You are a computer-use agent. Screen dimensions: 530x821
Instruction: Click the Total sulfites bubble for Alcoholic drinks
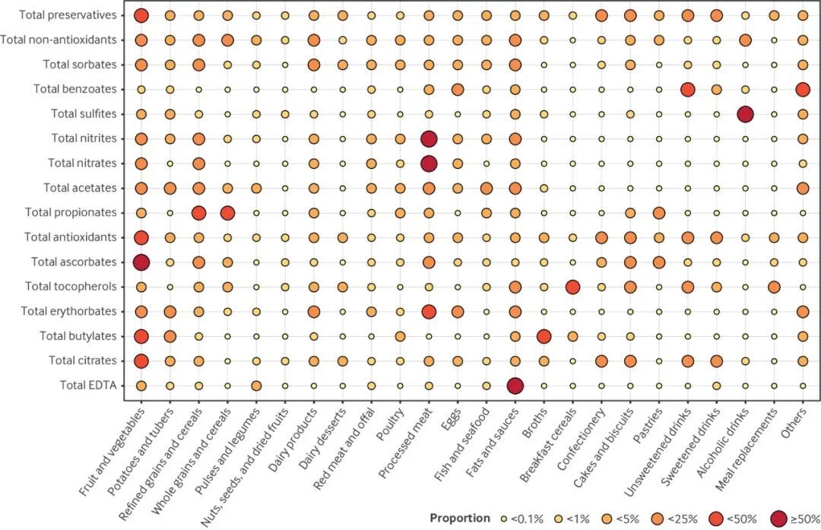click(x=745, y=114)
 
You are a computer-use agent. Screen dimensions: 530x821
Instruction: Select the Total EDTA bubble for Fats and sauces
click(x=515, y=386)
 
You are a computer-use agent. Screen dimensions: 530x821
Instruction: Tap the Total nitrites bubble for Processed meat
click(x=429, y=138)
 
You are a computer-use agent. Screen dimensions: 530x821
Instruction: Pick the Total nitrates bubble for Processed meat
click(x=429, y=163)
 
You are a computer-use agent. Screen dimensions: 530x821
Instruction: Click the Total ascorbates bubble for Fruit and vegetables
click(x=141, y=262)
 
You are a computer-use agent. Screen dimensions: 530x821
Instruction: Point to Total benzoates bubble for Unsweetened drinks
click(x=687, y=89)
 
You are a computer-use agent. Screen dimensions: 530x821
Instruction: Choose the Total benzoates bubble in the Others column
click(x=803, y=89)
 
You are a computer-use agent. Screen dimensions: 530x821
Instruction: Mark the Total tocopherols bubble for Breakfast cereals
click(x=572, y=287)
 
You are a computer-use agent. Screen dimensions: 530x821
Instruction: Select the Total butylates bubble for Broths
click(x=544, y=336)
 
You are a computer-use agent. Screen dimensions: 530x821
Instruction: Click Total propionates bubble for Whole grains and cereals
click(x=227, y=213)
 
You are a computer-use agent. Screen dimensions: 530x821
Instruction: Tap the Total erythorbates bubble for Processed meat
click(x=429, y=312)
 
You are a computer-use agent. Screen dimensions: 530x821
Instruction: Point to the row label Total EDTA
click(x=87, y=386)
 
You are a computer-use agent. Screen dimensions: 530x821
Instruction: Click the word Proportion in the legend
click(x=460, y=518)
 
